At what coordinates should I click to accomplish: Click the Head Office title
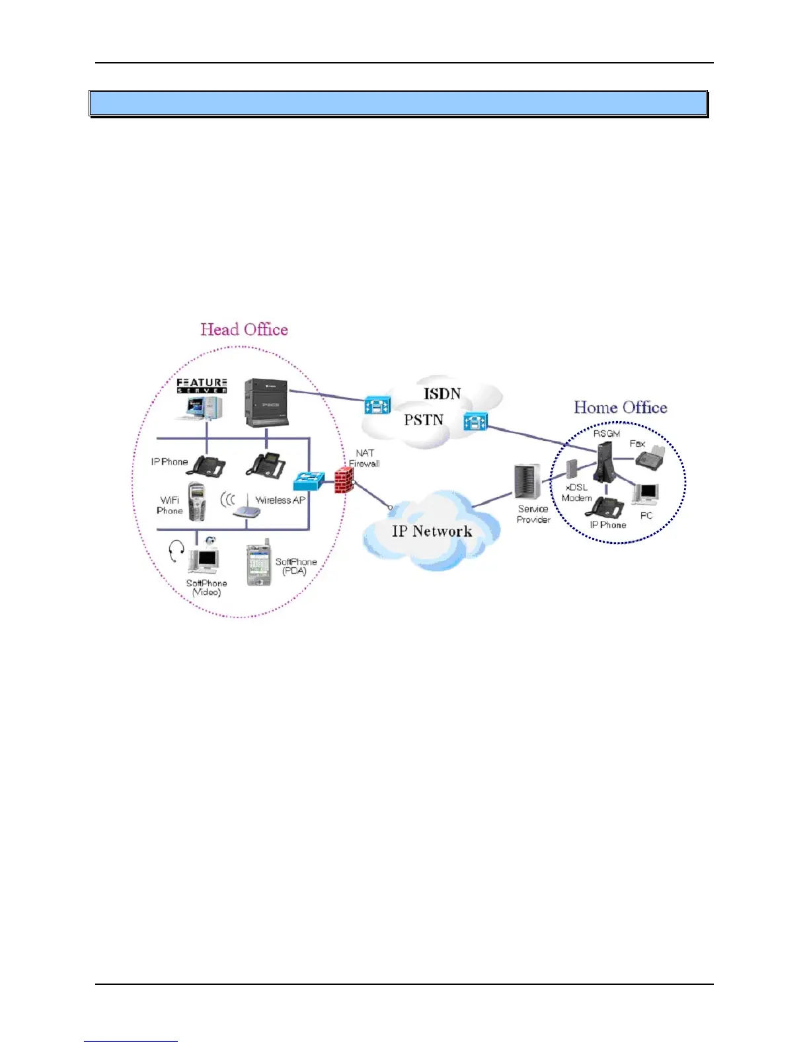244,330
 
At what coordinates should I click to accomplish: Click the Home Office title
620,407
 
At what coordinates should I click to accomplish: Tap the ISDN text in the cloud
442,394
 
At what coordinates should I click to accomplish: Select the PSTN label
424,420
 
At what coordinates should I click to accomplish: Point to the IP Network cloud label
432,531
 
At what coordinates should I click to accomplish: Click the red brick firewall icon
344,480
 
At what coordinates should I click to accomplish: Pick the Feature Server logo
202,386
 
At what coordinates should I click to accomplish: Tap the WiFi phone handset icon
196,502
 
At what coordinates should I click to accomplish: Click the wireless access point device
247,510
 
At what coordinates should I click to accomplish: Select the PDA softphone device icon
258,565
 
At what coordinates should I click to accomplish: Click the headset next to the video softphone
176,551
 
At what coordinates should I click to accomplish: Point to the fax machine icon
654,457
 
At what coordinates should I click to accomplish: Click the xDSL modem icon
572,470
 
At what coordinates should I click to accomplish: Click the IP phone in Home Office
607,507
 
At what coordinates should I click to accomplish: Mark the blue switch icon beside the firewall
309,481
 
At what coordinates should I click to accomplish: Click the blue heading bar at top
399,104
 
